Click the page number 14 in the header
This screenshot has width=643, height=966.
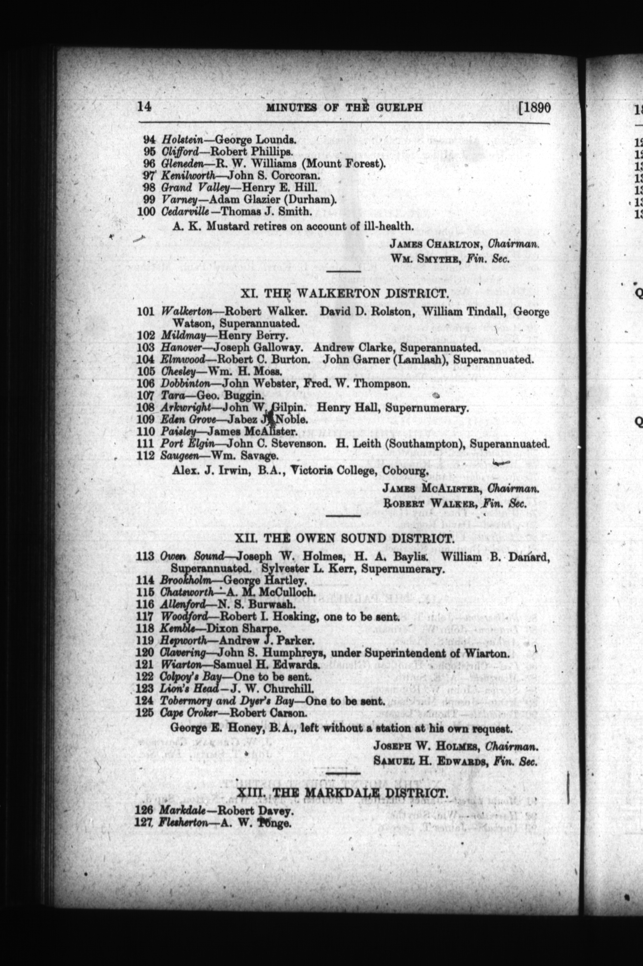(144, 107)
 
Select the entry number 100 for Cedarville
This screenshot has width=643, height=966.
(146, 212)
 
